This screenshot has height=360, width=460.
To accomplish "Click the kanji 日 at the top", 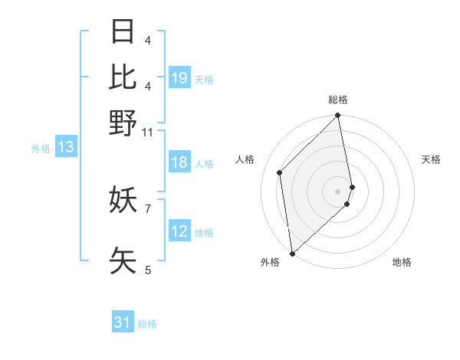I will [123, 32].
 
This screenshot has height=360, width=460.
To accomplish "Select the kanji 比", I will [123, 77].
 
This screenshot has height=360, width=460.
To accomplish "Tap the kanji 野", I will [123, 122].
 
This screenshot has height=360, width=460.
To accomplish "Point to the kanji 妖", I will [123, 200].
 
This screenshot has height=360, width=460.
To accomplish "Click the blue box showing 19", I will [179, 78].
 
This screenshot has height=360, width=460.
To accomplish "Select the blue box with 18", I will [179, 162].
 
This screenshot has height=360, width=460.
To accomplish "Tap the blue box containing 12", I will [179, 231].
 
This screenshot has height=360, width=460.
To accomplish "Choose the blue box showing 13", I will [66, 148].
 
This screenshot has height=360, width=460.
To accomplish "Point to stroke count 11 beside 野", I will [148, 133].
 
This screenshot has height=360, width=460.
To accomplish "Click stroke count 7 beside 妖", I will [148, 208].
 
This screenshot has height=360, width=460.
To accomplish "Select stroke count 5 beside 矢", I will [148, 269].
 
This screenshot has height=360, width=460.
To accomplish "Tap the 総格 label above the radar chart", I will [338, 100].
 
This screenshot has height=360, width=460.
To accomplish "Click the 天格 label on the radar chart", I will [431, 159].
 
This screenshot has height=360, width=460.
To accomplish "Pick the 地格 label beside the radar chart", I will [402, 262].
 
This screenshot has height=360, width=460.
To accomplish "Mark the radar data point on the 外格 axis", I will [292, 253].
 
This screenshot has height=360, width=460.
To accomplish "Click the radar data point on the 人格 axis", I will [280, 172].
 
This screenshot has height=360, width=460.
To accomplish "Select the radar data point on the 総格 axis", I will [338, 116].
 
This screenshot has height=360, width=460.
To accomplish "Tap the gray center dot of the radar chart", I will [338, 191].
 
